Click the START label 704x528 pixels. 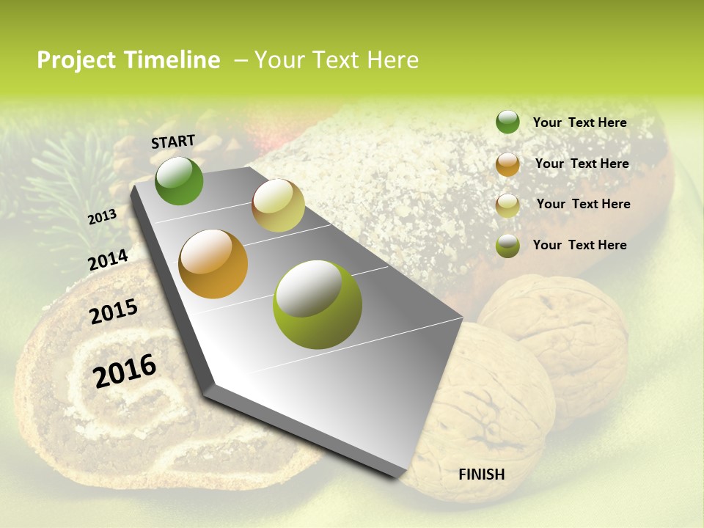[x=173, y=142]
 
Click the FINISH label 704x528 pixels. [x=482, y=474]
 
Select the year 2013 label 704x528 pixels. [x=102, y=217]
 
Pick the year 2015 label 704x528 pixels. [x=114, y=312]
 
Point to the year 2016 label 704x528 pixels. [x=125, y=371]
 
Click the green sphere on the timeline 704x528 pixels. [x=180, y=181]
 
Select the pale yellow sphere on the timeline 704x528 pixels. [x=278, y=205]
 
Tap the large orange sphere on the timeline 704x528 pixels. [x=213, y=264]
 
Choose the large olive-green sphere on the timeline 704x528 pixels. [x=318, y=304]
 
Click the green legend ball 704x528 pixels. [x=507, y=122]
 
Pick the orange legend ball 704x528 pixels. [x=507, y=164]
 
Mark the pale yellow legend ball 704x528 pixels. [x=507, y=205]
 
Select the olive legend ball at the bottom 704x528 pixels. [x=507, y=246]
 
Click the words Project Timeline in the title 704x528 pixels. [x=128, y=60]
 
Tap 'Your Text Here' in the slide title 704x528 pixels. [x=336, y=60]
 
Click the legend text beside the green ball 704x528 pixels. [x=579, y=123]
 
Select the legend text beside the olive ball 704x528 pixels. [x=579, y=245]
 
